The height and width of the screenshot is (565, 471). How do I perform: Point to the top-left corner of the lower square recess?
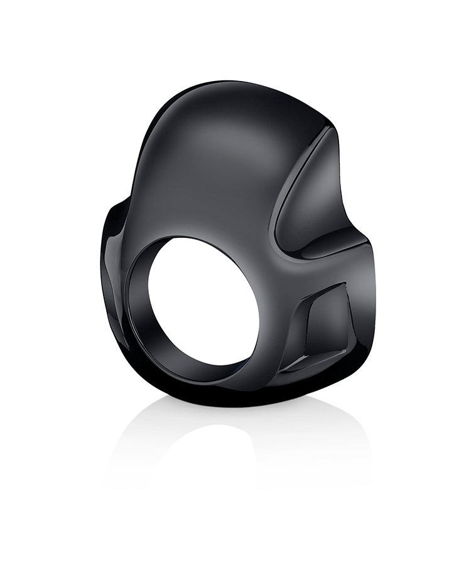tap(301, 295)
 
